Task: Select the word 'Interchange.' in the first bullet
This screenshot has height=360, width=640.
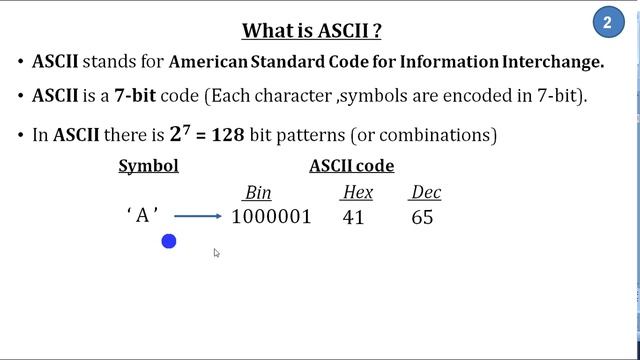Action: point(552,62)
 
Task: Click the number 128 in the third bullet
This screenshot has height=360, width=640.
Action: point(228,134)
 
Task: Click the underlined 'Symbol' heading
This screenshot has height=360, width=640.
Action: point(148,166)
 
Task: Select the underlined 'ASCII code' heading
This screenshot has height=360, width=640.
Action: point(351,166)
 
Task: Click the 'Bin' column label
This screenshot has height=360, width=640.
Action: point(257,193)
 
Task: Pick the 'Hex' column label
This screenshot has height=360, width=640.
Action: point(357,193)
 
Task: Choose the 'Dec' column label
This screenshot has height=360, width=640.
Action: point(425,193)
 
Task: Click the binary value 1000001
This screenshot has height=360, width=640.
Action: point(271,217)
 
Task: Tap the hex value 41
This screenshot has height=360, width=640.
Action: point(353,217)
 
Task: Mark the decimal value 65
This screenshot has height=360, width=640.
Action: point(422,217)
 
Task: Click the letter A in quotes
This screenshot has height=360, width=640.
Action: point(143,216)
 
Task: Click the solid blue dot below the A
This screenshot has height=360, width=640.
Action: point(169,241)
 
